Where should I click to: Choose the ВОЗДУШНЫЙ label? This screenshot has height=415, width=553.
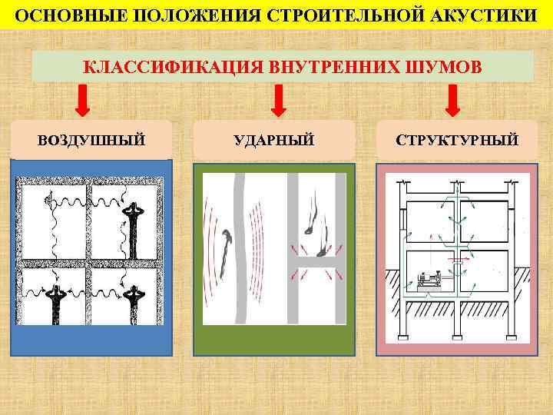pos(91,140)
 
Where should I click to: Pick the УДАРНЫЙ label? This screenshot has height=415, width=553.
pos(274,140)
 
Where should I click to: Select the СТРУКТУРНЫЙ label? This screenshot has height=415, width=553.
pos(457,140)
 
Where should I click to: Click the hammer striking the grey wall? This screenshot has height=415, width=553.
pos(225,251)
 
